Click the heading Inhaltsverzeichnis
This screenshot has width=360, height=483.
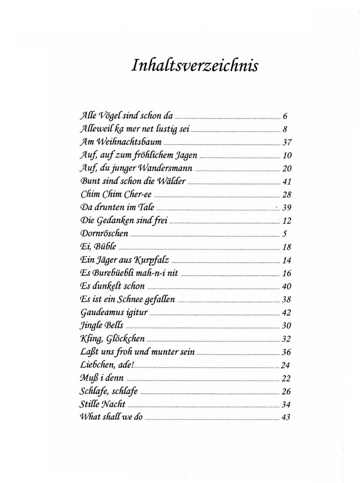[195, 65]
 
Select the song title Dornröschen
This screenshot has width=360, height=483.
[104, 233]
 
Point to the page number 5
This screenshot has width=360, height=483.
[285, 233]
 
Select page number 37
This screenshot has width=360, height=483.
[286, 142]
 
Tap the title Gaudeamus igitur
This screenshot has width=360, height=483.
[114, 312]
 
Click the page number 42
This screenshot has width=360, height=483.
[286, 312]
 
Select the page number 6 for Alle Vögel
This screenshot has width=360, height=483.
[285, 116]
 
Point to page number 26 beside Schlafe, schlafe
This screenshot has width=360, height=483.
[286, 391]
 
